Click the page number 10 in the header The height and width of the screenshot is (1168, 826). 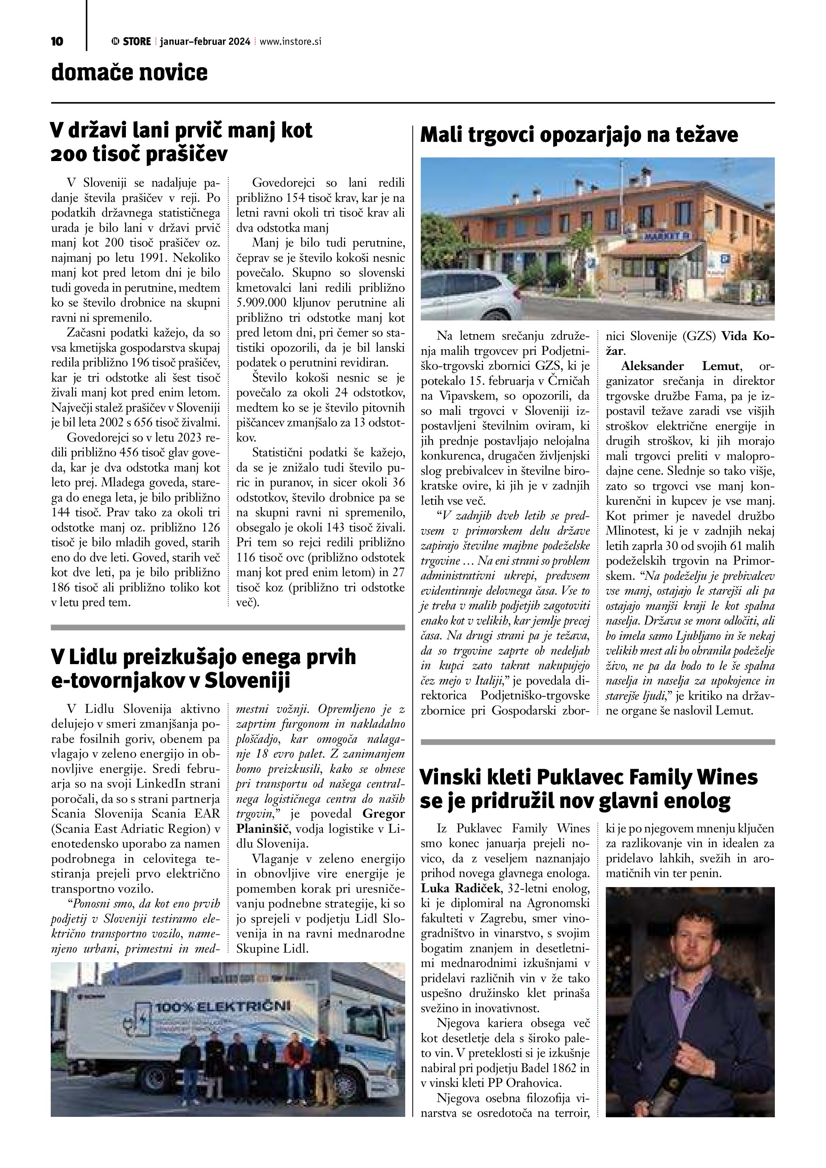pos(57,42)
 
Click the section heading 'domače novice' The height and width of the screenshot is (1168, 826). pos(129,73)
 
